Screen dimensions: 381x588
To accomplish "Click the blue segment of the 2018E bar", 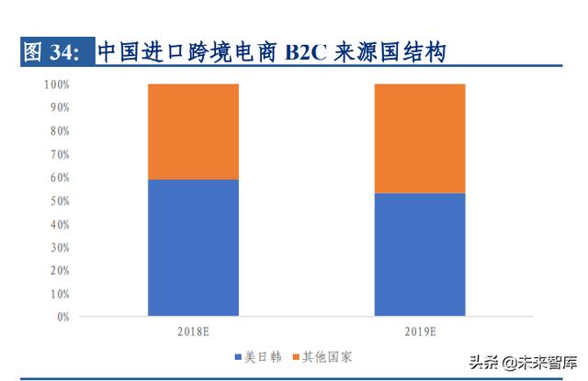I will (x=193, y=248).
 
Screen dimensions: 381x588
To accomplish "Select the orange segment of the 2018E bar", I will (x=193, y=131).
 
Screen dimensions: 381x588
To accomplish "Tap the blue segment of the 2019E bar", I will (x=419, y=254).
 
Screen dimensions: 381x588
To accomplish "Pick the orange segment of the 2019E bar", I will (x=419, y=138).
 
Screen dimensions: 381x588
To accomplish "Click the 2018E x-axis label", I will (x=193, y=331).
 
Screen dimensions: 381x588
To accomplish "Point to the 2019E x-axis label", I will (x=419, y=331).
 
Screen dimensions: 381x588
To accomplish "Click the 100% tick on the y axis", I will (x=57, y=84).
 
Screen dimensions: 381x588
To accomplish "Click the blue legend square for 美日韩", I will (x=238, y=356).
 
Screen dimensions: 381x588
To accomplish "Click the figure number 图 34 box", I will (x=55, y=52).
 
